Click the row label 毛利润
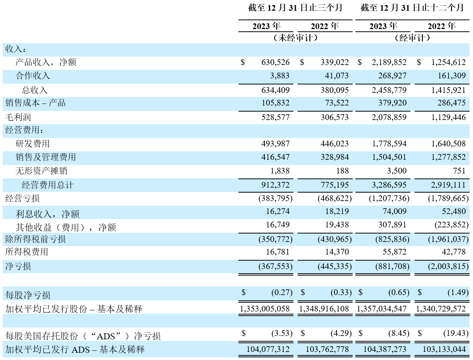coord(18,117)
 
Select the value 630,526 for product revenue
coord(275,62)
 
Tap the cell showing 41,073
coord(337,76)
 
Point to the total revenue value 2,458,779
coord(389,90)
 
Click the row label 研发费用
coord(32,144)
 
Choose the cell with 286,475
coord(452,103)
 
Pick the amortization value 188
coord(342,171)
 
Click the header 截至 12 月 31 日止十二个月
coord(412,8)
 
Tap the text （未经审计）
coord(295,38)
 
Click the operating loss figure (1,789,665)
coord(448,198)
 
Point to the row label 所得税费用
coord(27,252)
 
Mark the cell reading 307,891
coord(392,225)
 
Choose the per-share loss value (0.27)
coord(282,292)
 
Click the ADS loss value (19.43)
coord(456,333)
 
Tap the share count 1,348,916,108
coord(324,309)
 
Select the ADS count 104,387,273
coord(385,349)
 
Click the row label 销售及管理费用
coord(46,157)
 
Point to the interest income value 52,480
coord(454,211)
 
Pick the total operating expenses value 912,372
coord(275,185)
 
